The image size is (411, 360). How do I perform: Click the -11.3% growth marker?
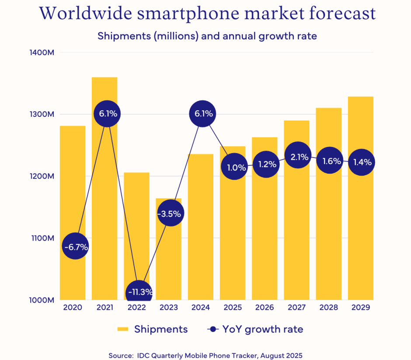click(x=139, y=292)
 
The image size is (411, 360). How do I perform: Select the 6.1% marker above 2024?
click(x=202, y=114)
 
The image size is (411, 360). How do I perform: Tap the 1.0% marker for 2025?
click(x=233, y=167)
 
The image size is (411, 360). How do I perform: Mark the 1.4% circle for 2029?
click(x=362, y=162)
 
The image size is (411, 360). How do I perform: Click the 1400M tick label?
click(x=42, y=52)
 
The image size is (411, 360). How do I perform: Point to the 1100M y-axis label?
click(x=42, y=238)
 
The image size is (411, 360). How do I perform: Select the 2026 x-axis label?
click(x=265, y=308)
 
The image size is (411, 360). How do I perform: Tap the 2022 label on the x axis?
click(x=136, y=308)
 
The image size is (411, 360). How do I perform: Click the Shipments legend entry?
click(x=153, y=329)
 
